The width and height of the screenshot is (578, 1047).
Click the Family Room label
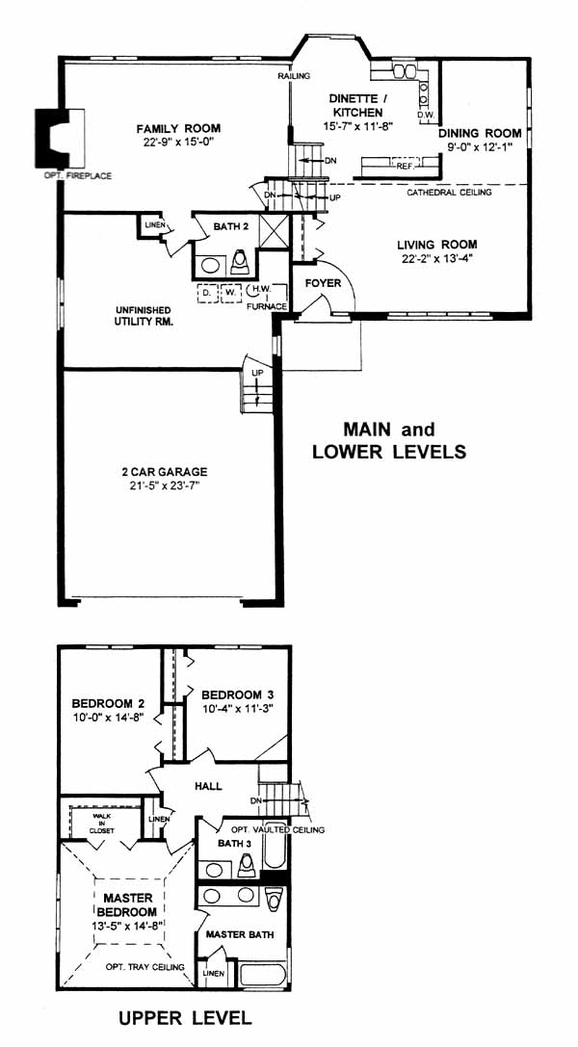point(178,129)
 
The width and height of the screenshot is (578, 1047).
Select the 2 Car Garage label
point(165,471)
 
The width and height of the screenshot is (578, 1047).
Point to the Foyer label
point(323,284)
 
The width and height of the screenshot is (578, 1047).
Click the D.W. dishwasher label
point(426,115)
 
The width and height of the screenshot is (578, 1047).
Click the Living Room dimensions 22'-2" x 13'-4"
point(436,258)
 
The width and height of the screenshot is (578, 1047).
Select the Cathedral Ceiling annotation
point(450,193)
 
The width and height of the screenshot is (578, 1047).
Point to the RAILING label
point(295,76)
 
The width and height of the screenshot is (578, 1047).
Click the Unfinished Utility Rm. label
point(143,316)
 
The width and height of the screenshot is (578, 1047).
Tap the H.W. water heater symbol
point(255,292)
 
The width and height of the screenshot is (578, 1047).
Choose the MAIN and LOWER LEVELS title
point(389,439)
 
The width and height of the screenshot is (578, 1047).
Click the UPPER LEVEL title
point(185,1017)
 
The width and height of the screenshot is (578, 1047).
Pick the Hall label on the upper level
point(208,787)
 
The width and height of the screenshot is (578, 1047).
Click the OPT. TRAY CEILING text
point(144,967)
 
